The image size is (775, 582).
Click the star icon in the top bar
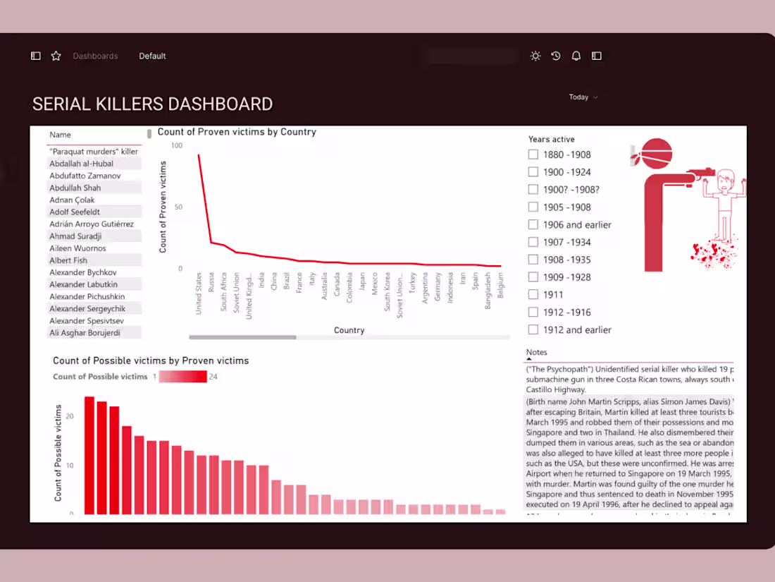pos(56,56)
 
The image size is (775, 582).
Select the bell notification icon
pos(576,56)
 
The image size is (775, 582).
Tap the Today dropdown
pos(583,97)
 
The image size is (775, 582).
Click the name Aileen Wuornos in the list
pos(77,248)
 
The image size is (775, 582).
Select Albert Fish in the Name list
pos(68,260)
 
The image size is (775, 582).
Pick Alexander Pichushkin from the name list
pos(87,296)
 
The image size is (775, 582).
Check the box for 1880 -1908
pos(533,154)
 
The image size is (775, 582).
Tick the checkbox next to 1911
pos(533,295)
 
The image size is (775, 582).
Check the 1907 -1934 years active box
pos(533,242)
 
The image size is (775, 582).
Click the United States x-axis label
pos(199,293)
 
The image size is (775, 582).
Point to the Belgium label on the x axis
pos(501,286)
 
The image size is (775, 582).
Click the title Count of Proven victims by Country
pos(237,132)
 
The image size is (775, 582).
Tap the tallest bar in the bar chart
pos(89,455)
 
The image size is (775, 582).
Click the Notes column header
pos(537,352)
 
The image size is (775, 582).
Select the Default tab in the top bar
pos(152,56)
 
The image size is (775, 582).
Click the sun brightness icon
pos(535,56)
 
